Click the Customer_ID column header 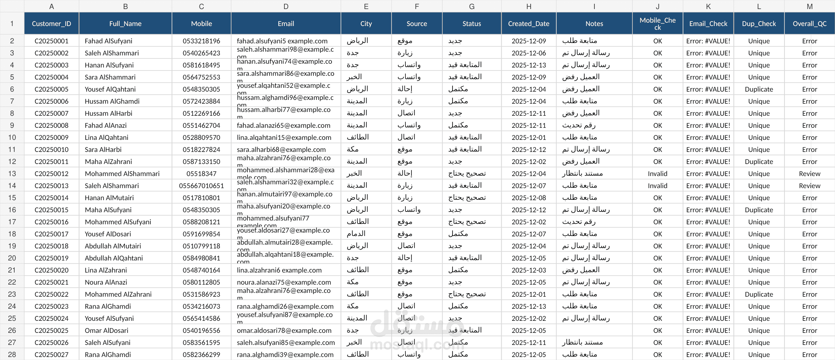[x=51, y=24]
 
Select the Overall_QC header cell [x=809, y=24]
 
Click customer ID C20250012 [x=51, y=174]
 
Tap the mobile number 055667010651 [x=201, y=186]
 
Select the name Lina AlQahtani [x=106, y=138]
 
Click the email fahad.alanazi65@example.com [x=284, y=126]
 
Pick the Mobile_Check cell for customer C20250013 [x=657, y=186]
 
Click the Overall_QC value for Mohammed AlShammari [x=809, y=174]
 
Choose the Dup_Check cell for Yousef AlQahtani [x=759, y=89]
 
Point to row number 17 [x=12, y=222]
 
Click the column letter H [x=529, y=6]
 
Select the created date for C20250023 [x=529, y=306]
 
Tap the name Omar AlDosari [x=106, y=331]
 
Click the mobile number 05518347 [x=201, y=174]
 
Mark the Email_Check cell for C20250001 [x=708, y=41]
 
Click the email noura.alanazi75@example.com [x=284, y=282]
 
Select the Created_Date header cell [x=529, y=24]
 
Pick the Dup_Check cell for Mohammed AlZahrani [x=759, y=294]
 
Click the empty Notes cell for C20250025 [x=594, y=331]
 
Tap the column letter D [x=286, y=6]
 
